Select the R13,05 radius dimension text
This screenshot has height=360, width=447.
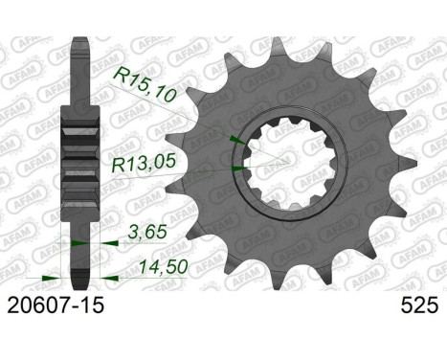144,163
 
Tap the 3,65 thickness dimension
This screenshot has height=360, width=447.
147,232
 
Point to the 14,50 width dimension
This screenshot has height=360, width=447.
164,266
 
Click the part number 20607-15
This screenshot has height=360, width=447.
56,305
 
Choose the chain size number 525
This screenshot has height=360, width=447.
420,305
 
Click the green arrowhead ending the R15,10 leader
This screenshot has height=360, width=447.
237,140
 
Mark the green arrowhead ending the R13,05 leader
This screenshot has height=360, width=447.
239,169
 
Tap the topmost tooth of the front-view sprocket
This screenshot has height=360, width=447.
277,46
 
